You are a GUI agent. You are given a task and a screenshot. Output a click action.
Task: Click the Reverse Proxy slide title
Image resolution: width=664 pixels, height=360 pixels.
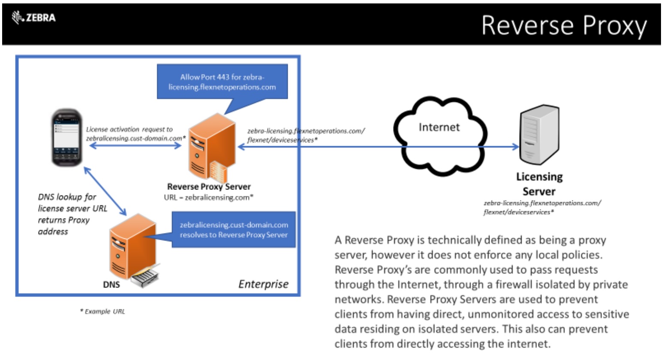[x=564, y=25]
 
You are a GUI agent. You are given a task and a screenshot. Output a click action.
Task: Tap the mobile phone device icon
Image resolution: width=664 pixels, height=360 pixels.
[x=66, y=137]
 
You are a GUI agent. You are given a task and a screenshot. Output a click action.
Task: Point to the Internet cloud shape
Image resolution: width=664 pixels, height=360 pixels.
[x=439, y=135]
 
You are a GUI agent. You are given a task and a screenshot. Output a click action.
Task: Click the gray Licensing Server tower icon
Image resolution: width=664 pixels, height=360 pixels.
[x=539, y=135]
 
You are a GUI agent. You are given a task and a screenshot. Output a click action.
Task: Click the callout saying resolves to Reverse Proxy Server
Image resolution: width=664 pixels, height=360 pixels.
[x=234, y=230]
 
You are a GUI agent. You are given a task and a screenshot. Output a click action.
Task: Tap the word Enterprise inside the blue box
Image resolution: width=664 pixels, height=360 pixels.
[x=263, y=284]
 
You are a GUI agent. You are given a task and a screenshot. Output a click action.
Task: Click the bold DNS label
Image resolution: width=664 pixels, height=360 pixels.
[x=111, y=284]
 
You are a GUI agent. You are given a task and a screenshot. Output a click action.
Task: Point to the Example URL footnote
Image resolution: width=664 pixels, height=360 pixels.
[x=102, y=312]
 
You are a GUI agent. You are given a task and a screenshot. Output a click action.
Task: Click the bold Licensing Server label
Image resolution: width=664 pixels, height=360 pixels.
[x=539, y=184]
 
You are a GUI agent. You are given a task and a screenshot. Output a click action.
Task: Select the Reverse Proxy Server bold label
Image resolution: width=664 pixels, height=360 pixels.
[x=209, y=186]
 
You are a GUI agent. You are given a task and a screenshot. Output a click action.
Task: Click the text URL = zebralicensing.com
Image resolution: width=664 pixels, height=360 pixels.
[x=209, y=198]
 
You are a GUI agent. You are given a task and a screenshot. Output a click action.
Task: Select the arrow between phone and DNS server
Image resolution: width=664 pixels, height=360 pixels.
[x=105, y=191]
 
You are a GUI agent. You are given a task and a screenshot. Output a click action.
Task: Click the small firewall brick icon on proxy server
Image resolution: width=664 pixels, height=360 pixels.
[x=219, y=171]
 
